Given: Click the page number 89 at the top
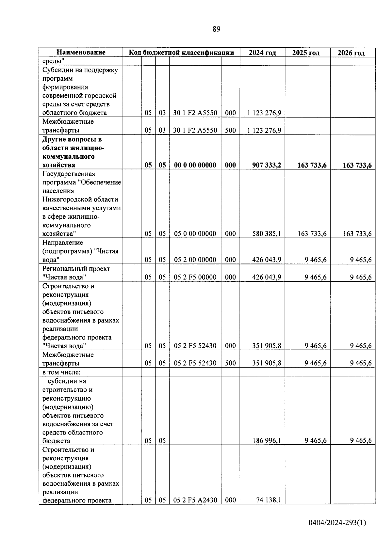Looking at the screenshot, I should tap(216, 29).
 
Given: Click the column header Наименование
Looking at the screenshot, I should tap(81, 52).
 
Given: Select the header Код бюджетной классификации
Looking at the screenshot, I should tap(181, 53).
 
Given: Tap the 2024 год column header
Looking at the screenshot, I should tap(262, 53).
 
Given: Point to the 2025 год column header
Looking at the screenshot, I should tap(306, 53).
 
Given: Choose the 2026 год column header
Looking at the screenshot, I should tap(351, 53).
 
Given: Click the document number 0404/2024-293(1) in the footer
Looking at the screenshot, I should tap(337, 523).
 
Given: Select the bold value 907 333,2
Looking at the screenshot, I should tap(267, 165).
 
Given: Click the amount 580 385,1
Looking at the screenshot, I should tap(267, 234).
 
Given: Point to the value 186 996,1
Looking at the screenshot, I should tap(267, 441).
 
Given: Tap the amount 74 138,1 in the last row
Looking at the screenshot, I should tap(269, 500).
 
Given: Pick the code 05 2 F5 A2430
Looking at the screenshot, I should tap(195, 500).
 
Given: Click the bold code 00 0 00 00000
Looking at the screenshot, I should tap(195, 165).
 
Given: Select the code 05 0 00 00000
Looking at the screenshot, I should tap(195, 234).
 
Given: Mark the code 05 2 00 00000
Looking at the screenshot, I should tap(195, 260).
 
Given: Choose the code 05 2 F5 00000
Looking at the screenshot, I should tap(195, 277).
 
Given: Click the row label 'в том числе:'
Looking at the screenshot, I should tap(61, 372).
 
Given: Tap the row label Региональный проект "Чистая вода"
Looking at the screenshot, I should tap(76, 273).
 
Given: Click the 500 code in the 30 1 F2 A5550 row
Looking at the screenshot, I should tap(230, 130).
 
